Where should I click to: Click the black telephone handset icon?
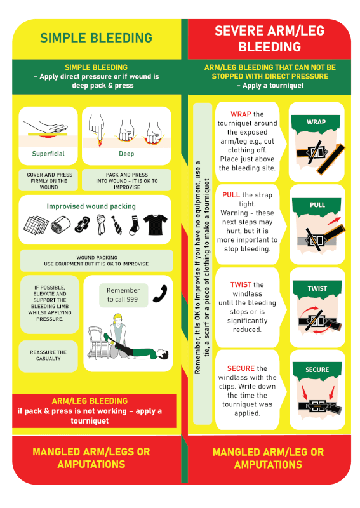pyautogui.click(x=160, y=293)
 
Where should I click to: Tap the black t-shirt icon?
pyautogui.click(x=156, y=224)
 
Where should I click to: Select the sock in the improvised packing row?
pyautogui.click(x=134, y=225)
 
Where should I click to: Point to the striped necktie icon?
pyautogui.click(x=117, y=225)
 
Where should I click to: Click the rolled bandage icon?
pyautogui.click(x=60, y=225)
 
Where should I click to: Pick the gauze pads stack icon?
pyautogui.click(x=36, y=225)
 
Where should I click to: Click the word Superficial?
pyautogui.click(x=48, y=154)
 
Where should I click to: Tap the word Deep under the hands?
pyautogui.click(x=126, y=154)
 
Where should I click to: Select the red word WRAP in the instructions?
pyautogui.click(x=241, y=114)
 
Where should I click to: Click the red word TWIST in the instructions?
pyautogui.click(x=241, y=284)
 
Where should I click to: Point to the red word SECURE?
pyautogui.click(x=241, y=368)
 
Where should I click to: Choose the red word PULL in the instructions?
pyautogui.click(x=231, y=195)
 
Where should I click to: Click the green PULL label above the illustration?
pyautogui.click(x=317, y=205)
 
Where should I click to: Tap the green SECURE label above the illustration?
pyautogui.click(x=317, y=370)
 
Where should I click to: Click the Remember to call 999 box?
pyautogui.click(x=123, y=295)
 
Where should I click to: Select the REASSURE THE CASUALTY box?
pyautogui.click(x=48, y=356)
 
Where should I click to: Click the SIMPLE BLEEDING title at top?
pyautogui.click(x=97, y=38)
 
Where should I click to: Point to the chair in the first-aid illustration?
pyautogui.click(x=98, y=344)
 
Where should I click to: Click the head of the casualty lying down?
pyautogui.click(x=164, y=354)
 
